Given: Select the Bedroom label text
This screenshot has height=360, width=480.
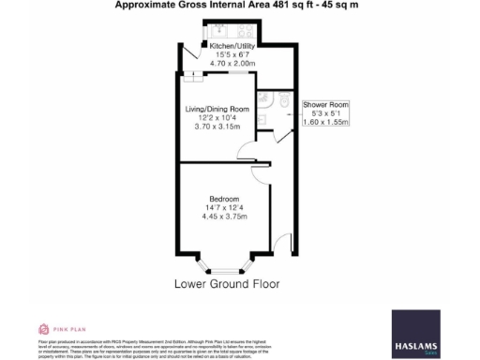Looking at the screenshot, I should coord(224,199).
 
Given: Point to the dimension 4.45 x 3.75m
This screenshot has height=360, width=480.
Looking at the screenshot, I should coord(225,217).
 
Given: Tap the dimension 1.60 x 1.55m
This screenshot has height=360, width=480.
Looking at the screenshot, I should coord(325,121).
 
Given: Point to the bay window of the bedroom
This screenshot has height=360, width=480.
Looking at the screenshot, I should coord(225,260).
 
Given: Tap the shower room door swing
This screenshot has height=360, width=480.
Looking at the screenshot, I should coord(280,136).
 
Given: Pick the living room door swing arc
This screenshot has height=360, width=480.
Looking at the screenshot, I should coord(242,146).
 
